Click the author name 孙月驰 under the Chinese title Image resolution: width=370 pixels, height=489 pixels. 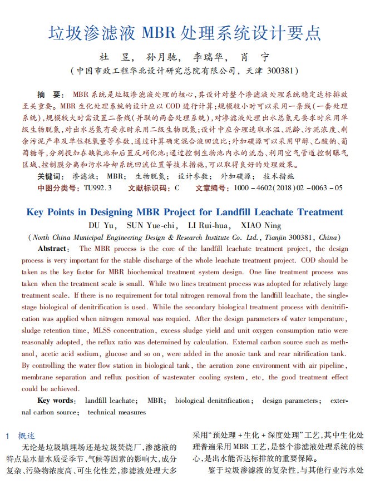tap(162, 57)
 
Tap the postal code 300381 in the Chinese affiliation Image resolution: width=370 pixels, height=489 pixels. tap(281, 71)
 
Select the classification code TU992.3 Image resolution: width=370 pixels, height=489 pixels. tap(98, 188)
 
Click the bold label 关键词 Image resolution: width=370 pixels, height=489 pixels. tap(51, 176)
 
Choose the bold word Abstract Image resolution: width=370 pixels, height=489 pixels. tap(53, 249)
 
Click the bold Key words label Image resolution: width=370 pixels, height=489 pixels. tap(56, 401)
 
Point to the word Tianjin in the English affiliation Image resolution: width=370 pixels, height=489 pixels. tap(276, 237)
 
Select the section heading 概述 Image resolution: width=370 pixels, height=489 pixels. tap(27, 436)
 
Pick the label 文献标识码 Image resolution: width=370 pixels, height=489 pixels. tap(149, 188)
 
